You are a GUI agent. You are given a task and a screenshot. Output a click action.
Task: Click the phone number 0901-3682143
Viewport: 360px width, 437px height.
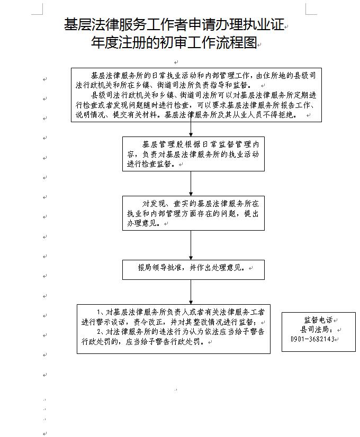click(312, 339)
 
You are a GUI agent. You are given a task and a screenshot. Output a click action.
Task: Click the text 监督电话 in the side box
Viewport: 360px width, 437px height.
click(319, 320)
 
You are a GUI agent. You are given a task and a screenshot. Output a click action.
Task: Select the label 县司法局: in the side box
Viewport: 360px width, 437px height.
click(317, 330)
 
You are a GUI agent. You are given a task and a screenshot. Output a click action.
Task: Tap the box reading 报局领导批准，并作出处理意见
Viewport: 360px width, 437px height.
click(193, 270)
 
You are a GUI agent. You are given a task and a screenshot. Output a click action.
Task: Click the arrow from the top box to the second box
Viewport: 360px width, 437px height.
click(191, 129)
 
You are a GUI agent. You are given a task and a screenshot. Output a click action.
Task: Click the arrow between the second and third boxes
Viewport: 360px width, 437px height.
click(191, 184)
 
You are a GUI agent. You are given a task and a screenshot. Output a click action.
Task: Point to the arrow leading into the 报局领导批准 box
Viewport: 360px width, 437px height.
click(191, 245)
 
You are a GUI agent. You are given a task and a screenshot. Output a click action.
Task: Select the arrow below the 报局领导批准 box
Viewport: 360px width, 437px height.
click(191, 292)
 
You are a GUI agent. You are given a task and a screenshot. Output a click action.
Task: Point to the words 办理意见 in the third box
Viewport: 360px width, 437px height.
click(142, 223)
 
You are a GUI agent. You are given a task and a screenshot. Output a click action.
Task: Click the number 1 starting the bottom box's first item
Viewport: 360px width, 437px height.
click(98, 312)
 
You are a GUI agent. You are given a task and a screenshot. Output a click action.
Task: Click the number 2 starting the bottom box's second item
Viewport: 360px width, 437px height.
click(98, 332)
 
